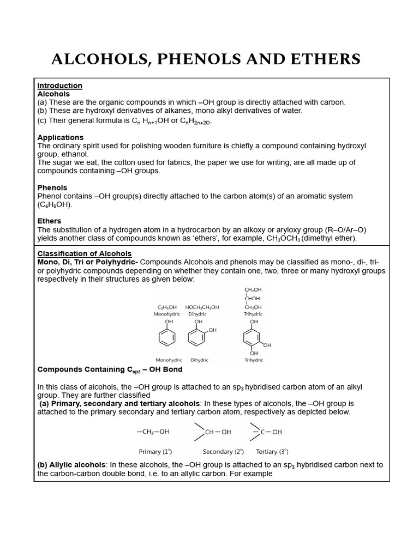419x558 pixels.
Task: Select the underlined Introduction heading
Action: (59, 86)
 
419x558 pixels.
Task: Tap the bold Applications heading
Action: (60, 137)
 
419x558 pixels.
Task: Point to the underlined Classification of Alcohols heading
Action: (84, 253)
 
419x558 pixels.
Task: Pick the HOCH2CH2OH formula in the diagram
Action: (202, 307)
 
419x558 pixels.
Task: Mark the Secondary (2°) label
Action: (223, 452)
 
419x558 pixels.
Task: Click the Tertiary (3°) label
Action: (272, 452)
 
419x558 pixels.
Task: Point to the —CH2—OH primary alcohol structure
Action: (153, 432)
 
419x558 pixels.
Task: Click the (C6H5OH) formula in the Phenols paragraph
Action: (55, 205)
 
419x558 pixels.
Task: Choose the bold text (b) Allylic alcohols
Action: (72, 465)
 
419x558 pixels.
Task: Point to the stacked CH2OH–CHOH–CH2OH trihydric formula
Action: (253, 299)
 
